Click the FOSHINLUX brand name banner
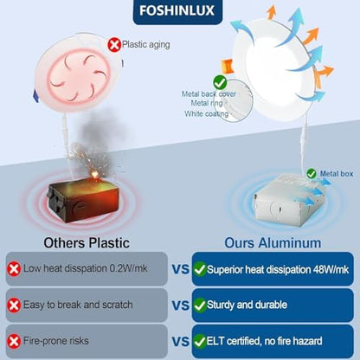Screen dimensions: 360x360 [x=177, y=11]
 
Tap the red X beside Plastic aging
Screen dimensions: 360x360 [x=114, y=45]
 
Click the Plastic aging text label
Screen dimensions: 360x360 [x=146, y=45]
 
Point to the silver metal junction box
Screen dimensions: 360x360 [x=288, y=199]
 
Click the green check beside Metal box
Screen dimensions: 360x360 [x=312, y=174]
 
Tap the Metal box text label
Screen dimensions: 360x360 [x=337, y=174]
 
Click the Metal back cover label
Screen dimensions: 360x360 [x=209, y=94]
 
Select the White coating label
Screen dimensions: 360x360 [x=207, y=114]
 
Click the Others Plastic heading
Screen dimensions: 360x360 [x=87, y=243]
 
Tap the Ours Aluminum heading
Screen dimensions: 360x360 [x=273, y=243]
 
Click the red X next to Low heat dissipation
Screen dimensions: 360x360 [x=14, y=269]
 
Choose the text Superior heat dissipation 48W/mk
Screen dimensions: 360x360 [x=278, y=270]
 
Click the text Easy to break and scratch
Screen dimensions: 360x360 [x=78, y=305]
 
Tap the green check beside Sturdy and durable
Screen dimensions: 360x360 [x=200, y=305]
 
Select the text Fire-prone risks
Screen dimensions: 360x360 [x=56, y=341]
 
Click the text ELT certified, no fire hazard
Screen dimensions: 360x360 [x=264, y=341]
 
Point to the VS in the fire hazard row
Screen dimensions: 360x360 [x=181, y=342]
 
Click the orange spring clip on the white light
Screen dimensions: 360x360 [x=227, y=66]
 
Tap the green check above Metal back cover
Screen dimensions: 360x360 [x=220, y=83]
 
